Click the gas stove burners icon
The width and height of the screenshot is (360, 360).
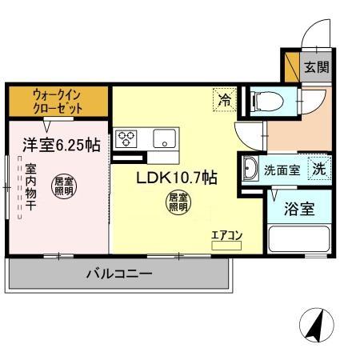tap(126, 139)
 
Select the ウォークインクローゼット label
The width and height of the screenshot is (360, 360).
tap(58, 101)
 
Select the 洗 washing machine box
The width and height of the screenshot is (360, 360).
tap(319, 169)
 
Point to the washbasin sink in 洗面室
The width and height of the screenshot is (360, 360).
tap(250, 169)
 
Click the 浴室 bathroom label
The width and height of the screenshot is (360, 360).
tap(301, 211)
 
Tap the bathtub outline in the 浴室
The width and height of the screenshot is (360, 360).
tap(301, 240)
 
